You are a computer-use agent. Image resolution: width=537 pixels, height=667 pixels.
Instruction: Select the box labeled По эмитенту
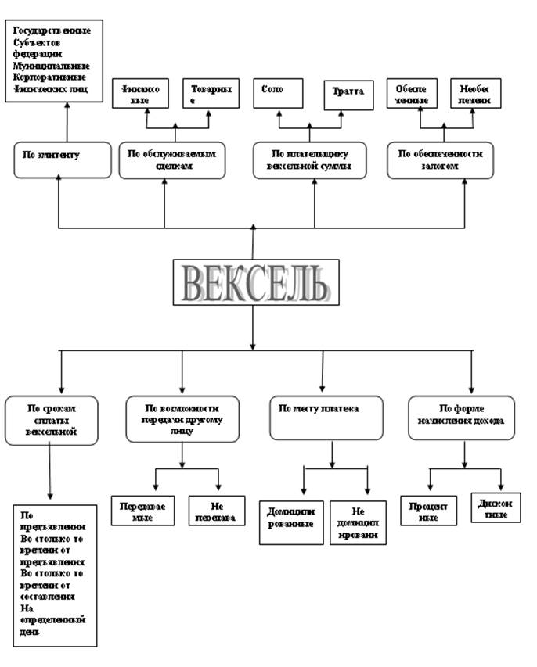59,159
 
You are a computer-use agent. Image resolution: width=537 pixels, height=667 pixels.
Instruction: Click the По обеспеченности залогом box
441,160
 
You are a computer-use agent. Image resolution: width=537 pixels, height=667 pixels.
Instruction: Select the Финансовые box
141,95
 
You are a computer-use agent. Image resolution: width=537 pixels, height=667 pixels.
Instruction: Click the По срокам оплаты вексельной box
52,420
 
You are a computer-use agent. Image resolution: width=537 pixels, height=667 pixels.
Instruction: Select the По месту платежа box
327,418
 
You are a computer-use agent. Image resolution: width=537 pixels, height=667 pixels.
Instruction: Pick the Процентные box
427,511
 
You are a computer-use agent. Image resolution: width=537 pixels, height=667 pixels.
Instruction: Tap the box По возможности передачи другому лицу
183,419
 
